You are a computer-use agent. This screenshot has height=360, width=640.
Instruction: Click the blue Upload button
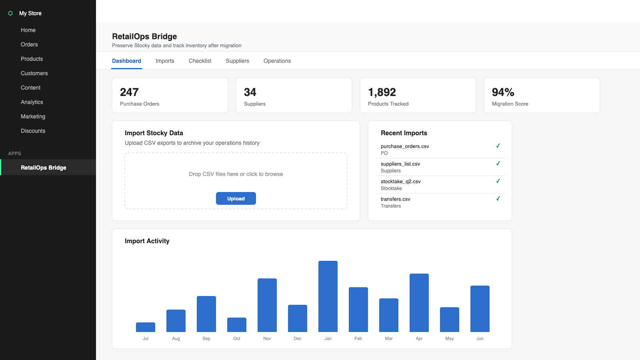pyautogui.click(x=236, y=198)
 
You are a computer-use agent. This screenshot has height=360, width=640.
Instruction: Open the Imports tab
pyautogui.click(x=165, y=61)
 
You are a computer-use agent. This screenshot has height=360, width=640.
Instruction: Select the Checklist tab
pyautogui.click(x=200, y=61)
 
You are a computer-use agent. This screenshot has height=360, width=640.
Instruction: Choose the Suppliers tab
pyautogui.click(x=238, y=61)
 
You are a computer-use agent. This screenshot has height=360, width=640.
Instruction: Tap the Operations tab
pyautogui.click(x=277, y=61)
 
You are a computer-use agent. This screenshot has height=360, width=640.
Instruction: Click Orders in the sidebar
pyautogui.click(x=29, y=44)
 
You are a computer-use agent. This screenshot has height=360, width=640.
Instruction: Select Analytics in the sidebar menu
pyautogui.click(x=32, y=102)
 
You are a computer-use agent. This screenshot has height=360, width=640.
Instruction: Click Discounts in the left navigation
pyautogui.click(x=33, y=131)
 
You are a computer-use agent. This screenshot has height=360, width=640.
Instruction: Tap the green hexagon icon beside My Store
pyautogui.click(x=10, y=13)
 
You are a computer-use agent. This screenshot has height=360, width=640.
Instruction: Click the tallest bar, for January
pyautogui.click(x=328, y=296)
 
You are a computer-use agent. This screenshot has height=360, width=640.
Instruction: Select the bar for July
pyautogui.click(x=146, y=327)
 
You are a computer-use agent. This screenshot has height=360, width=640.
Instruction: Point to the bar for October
pyautogui.click(x=236, y=324)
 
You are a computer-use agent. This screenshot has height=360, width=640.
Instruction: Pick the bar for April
pyautogui.click(x=419, y=302)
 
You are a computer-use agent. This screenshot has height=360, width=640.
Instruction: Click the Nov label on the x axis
pyautogui.click(x=267, y=338)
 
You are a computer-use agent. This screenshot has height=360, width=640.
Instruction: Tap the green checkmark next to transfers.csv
pyautogui.click(x=498, y=198)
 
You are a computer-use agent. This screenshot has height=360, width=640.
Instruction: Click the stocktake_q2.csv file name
pyautogui.click(x=400, y=182)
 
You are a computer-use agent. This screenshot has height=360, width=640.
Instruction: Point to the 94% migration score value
pyautogui.click(x=503, y=92)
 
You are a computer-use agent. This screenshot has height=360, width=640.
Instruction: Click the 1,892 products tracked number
pyautogui.click(x=382, y=92)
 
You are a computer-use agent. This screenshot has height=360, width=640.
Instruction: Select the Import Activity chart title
pyautogui.click(x=147, y=241)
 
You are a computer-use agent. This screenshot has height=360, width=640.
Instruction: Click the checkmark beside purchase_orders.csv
pyautogui.click(x=498, y=146)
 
